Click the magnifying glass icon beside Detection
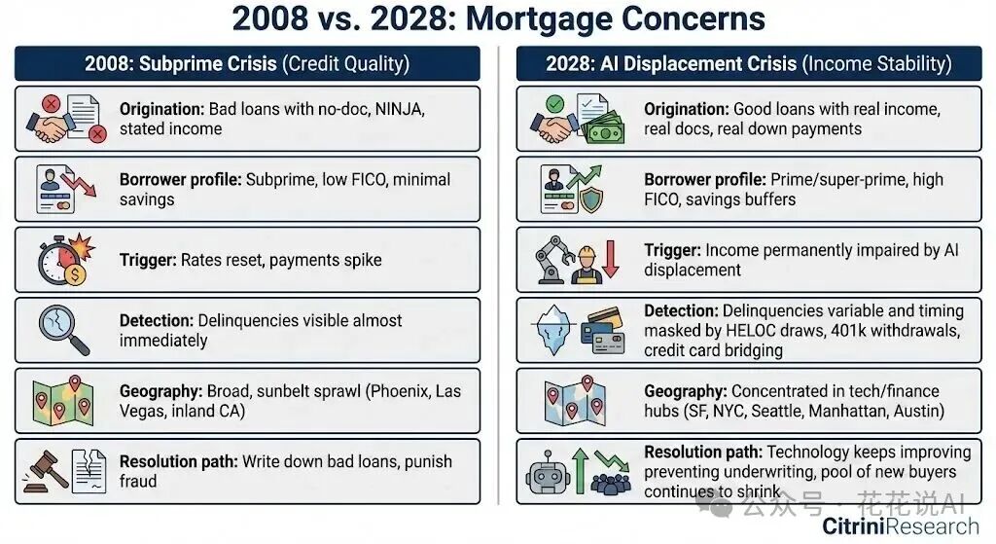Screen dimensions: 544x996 tap(63, 330)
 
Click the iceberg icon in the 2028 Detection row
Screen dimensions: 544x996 tap(557, 331)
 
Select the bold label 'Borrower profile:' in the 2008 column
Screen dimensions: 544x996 tap(180, 180)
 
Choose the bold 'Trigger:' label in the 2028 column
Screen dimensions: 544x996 tap(672, 250)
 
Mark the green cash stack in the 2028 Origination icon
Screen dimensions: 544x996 tap(605, 128)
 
